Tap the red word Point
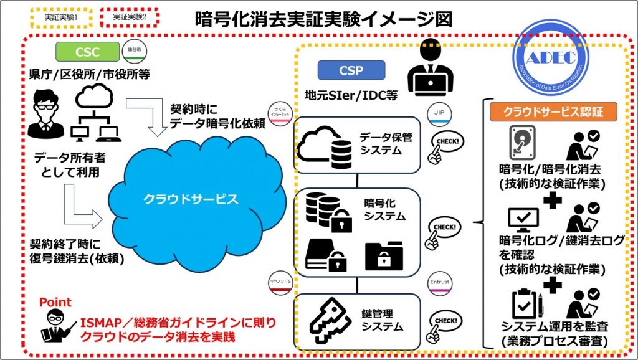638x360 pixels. coord(55,303)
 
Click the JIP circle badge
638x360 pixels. coord(439,113)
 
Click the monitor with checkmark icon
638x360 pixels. coord(523,219)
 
